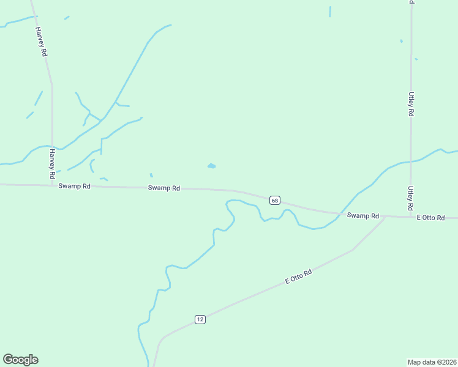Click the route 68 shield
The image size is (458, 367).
[274, 201]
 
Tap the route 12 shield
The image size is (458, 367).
[200, 319]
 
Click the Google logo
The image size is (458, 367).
[20, 360]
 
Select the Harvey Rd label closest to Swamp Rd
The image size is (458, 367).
[53, 164]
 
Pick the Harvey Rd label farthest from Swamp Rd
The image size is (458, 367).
[42, 42]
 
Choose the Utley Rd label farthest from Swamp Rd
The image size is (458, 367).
[411, 104]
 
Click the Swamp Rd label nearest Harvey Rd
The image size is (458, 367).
[75, 186]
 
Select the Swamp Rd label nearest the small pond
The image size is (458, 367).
[164, 188]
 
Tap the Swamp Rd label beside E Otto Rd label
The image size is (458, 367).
[363, 216]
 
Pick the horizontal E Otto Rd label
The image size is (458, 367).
[430, 218]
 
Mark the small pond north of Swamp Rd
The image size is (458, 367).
[212, 166]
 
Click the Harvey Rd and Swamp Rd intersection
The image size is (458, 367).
[52, 185]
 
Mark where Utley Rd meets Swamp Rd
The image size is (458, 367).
[411, 217]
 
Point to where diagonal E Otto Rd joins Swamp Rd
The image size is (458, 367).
[385, 217]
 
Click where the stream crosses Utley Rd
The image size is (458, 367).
[411, 161]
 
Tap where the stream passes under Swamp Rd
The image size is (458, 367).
[338, 213]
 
